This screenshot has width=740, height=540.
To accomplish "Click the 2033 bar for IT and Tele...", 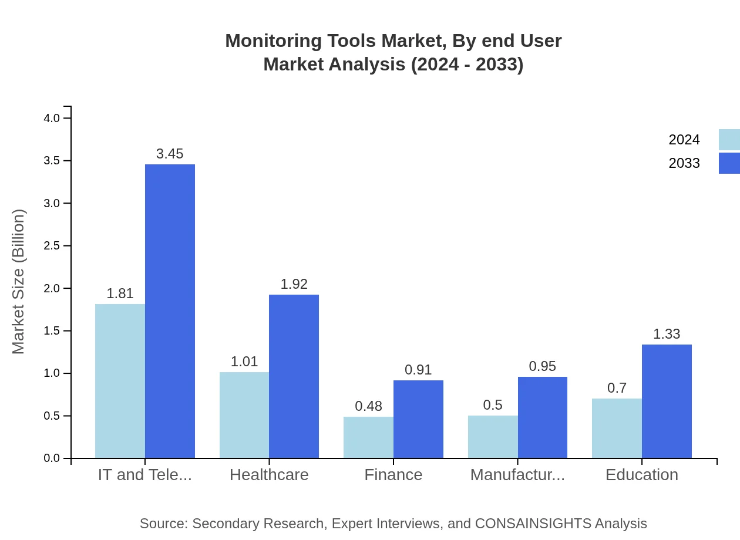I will point(170,311).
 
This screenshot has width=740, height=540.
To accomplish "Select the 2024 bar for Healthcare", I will point(244,415).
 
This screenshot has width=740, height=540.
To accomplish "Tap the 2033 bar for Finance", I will point(418,419).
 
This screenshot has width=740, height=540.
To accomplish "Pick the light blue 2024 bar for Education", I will point(617,428).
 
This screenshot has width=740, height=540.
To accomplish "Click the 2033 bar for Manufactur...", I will point(543,417).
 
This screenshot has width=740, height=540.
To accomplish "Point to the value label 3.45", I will point(170,154).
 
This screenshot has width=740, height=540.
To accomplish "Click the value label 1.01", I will point(244,362).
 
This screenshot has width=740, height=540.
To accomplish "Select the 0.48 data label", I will point(369,406).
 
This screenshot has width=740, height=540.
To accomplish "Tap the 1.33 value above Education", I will point(667,334).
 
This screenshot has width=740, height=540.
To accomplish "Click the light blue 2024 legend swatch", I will point(729,140).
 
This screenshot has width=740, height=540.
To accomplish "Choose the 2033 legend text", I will point(684,163).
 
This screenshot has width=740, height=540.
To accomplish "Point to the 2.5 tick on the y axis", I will point(52,246).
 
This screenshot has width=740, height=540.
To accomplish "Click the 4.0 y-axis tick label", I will point(52,118).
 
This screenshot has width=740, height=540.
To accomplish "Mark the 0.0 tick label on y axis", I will point(52,458).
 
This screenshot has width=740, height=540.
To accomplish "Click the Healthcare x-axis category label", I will point(269,474).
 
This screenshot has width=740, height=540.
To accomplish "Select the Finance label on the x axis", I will point(393,474).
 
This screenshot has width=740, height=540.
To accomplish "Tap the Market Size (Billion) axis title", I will point(19,282).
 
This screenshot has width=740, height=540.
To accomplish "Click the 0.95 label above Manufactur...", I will point(543,366).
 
